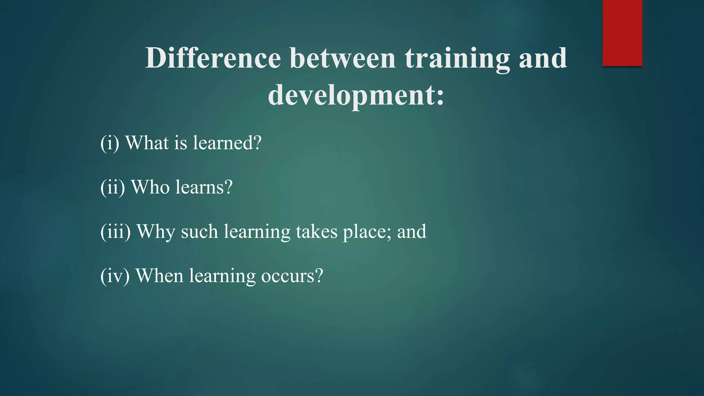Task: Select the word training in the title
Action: (457, 58)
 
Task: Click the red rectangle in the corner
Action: (622, 33)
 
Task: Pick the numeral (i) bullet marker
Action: (110, 143)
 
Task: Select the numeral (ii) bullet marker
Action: (113, 187)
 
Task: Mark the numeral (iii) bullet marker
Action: (115, 231)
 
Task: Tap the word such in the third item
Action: (199, 232)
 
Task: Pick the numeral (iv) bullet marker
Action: (115, 276)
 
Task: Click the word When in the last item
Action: (159, 276)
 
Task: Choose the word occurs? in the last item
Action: (292, 276)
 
